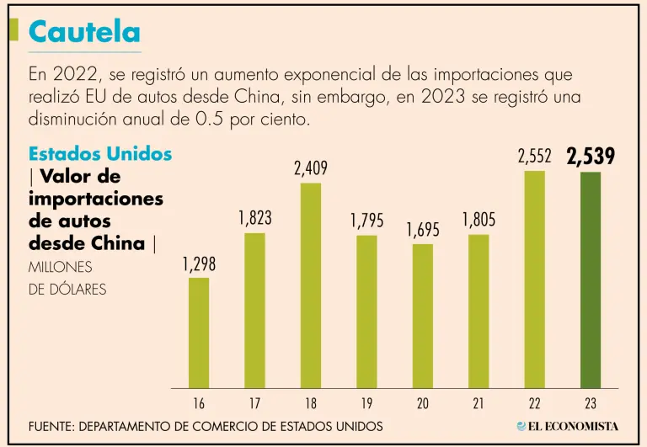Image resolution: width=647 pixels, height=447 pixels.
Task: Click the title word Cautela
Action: click(84, 32)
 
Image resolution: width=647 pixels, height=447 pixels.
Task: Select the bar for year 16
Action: click(199, 333)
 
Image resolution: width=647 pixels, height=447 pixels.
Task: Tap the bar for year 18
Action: click(311, 285)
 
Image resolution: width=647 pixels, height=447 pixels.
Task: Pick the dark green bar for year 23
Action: click(591, 279)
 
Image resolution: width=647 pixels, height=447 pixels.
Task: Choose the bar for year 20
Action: click(423, 316)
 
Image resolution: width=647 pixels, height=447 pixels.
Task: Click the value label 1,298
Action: click(199, 264)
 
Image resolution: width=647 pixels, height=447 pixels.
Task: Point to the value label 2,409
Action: click(311, 169)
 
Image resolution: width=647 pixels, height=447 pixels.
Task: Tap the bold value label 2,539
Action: click(591, 157)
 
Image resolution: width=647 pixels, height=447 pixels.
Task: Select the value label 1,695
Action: click(423, 230)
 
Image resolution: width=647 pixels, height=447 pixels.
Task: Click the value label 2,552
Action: click(535, 157)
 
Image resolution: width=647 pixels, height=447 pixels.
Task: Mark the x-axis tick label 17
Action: click(255, 404)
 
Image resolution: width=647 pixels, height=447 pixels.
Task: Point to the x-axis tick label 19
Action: click(366, 404)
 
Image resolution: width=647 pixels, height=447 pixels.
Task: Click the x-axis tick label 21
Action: click(479, 404)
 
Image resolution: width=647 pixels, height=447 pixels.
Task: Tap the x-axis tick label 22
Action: click(535, 404)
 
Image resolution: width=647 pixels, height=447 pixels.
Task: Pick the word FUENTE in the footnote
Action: click(50, 426)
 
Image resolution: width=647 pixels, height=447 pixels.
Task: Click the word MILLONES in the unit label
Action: click(59, 268)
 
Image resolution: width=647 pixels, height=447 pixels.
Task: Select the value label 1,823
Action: click(255, 219)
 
